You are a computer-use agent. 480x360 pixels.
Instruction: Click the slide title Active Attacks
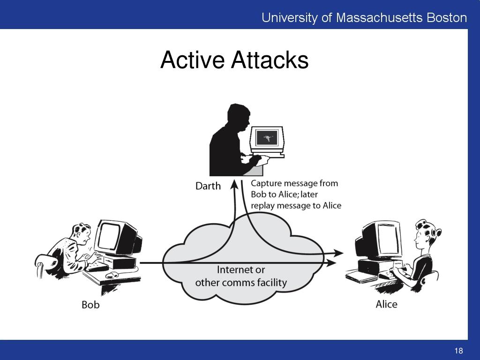[234, 60]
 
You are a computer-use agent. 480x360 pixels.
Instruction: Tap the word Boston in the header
[446, 18]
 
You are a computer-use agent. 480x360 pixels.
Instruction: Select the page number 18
[458, 351]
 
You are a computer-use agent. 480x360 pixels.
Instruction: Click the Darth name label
[208, 186]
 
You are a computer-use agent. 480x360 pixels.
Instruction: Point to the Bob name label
[90, 305]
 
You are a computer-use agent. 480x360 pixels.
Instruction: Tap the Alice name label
[386, 304]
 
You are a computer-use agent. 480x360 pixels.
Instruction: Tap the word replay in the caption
[264, 205]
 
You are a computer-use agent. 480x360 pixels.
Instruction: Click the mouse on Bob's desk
[112, 275]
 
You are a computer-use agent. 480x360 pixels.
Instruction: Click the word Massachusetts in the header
[380, 18]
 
